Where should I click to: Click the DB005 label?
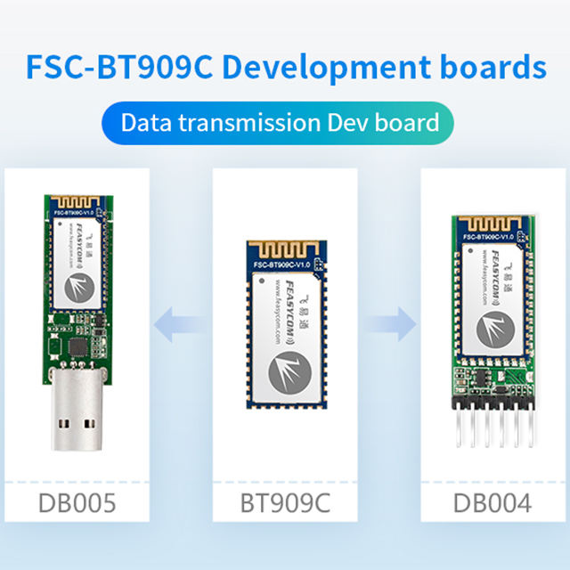tap(77, 503)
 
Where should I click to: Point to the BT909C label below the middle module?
tap(285, 503)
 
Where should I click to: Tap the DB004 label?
tap(493, 503)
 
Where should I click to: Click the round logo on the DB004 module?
tap(493, 329)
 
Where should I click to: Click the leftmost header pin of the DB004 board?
tap(457, 428)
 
